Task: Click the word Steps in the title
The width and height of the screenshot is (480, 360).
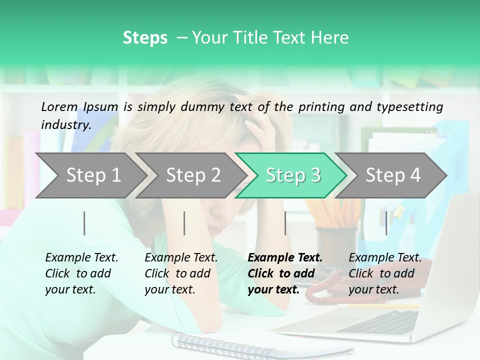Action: coord(145,38)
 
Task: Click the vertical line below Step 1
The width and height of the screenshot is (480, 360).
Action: coord(84,223)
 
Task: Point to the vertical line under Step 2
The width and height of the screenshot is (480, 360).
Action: coord(184,223)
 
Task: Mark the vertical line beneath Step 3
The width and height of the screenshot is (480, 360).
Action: coord(285,223)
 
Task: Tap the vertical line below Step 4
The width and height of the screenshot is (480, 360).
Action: coord(386,223)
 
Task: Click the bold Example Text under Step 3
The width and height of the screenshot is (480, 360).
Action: coord(285,258)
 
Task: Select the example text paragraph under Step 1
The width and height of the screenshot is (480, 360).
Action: coord(81,273)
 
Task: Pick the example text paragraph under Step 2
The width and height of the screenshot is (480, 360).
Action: coord(181,273)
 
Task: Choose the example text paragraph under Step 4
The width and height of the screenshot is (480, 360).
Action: coord(385,273)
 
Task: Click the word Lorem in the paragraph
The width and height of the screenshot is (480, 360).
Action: coord(59,106)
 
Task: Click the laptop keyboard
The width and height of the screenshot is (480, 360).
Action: coord(380,322)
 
